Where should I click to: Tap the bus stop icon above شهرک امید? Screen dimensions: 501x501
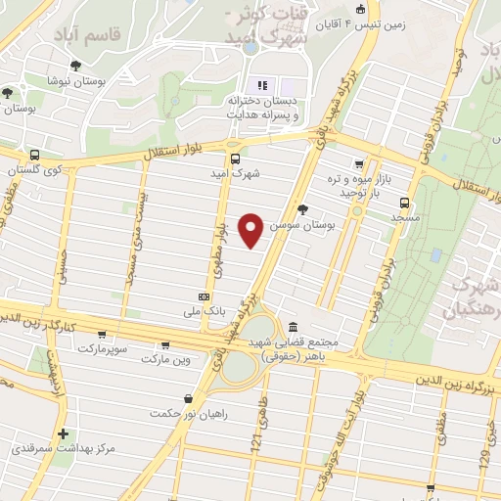[234, 159]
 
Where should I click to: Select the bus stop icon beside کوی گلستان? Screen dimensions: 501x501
[35, 156]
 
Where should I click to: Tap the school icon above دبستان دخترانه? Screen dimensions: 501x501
[260, 84]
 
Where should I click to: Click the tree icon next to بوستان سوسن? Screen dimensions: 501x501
[301, 208]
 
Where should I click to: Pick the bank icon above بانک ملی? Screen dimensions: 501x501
[204, 296]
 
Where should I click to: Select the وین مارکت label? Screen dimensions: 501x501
[162, 360]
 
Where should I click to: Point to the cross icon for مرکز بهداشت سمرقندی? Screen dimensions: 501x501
[64, 433]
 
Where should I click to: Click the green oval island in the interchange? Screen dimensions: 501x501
[239, 366]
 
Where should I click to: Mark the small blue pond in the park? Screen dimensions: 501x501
[435, 255]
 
